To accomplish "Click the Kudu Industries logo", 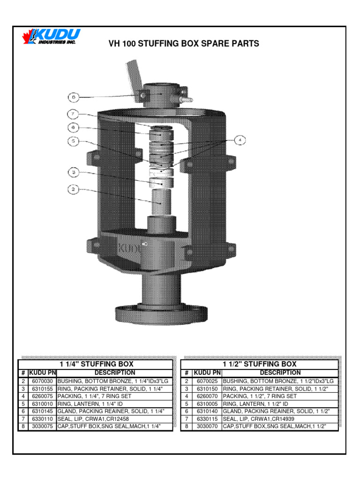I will click(52, 37).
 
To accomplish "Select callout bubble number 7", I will click(73, 113).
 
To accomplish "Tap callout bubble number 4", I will click(240, 140).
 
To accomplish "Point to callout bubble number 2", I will click(73, 190).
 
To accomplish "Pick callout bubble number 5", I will click(73, 141).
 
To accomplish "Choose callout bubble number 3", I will click(73, 172).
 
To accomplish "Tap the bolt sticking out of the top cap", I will click(186, 99).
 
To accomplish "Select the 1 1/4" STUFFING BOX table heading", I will click(97, 364).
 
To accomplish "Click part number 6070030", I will click(42, 381).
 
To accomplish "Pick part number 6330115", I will click(207, 419).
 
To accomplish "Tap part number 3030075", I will click(42, 426).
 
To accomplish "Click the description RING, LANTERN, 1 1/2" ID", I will click(255, 404).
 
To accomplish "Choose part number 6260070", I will click(207, 396).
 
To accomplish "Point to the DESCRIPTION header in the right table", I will click(279, 373).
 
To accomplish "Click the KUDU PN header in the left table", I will click(42, 373).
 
